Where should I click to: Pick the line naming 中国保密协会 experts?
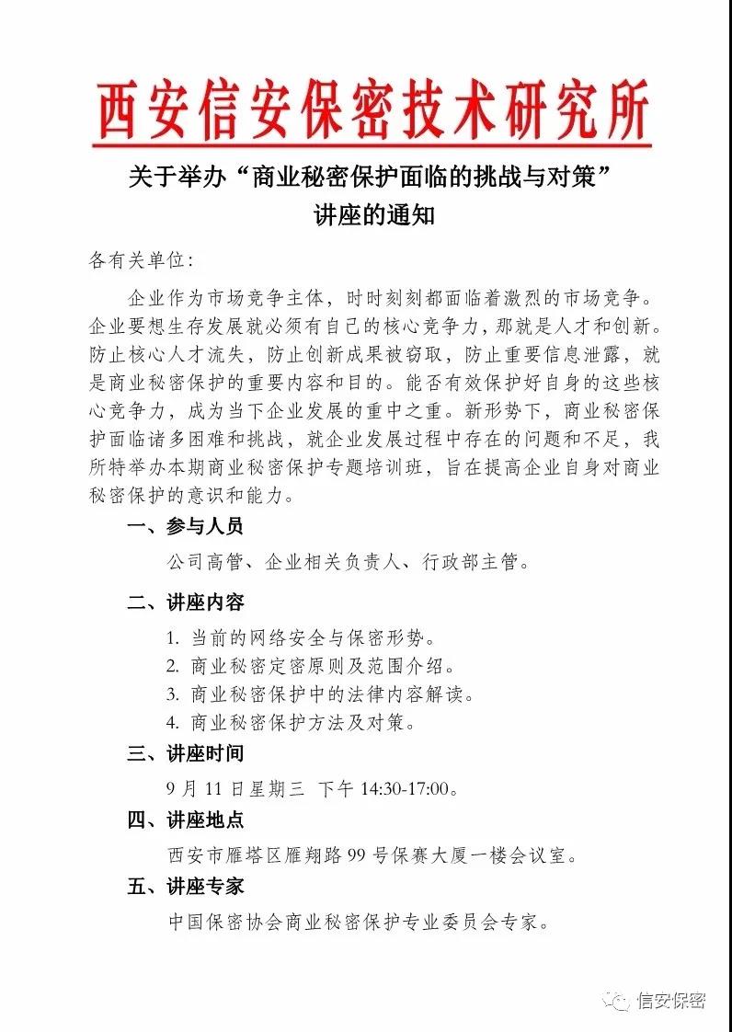(x=359, y=921)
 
